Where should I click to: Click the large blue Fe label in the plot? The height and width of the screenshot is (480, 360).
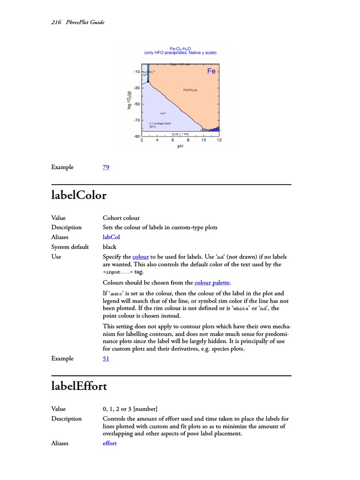click(x=211, y=71)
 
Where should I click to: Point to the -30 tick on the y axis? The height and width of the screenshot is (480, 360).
click(x=137, y=88)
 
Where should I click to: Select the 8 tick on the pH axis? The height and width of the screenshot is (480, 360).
click(x=188, y=140)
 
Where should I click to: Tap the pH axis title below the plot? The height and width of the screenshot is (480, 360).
click(x=180, y=146)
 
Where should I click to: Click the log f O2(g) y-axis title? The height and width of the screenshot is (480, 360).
click(x=129, y=100)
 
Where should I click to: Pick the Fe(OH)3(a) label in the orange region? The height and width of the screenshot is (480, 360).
click(x=190, y=90)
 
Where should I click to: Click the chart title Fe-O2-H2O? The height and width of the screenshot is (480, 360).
click(x=180, y=48)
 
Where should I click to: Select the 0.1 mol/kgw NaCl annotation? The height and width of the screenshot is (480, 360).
click(x=160, y=123)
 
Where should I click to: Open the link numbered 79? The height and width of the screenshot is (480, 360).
click(x=106, y=167)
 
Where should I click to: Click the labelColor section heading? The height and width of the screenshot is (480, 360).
click(x=79, y=195)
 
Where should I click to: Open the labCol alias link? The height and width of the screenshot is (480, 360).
click(x=112, y=237)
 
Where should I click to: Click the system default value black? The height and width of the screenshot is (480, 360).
click(x=109, y=247)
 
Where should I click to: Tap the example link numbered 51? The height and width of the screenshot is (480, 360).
click(x=106, y=359)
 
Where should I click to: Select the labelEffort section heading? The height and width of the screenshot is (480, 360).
click(x=79, y=387)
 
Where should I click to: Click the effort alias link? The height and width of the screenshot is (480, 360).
click(x=110, y=443)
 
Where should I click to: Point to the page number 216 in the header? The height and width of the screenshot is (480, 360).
click(x=56, y=22)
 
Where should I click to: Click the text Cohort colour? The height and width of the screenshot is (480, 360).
click(x=121, y=218)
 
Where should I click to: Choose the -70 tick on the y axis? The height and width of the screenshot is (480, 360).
click(x=137, y=120)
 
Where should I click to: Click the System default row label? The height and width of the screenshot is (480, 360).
click(x=70, y=247)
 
